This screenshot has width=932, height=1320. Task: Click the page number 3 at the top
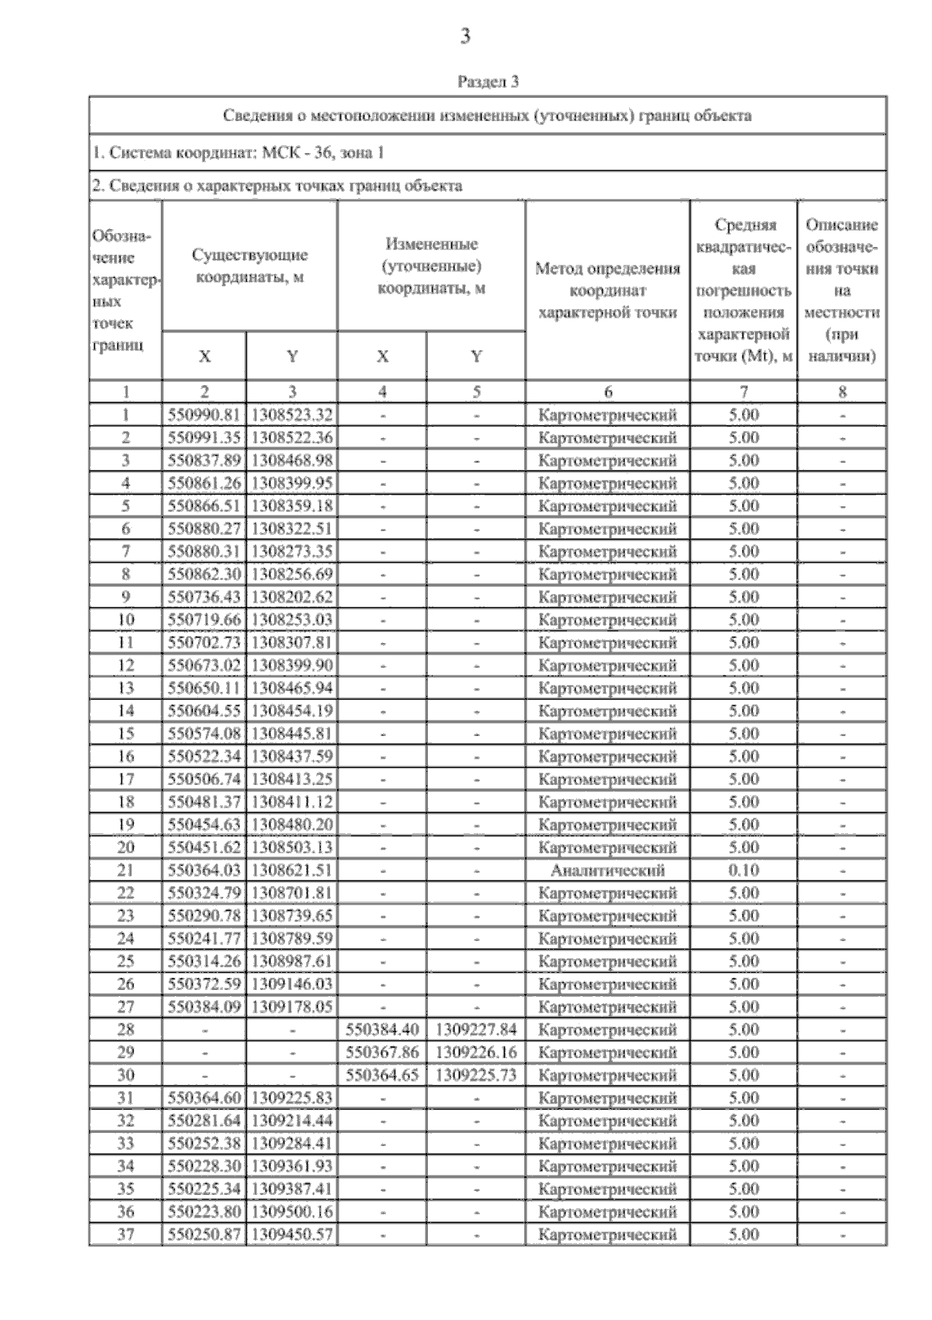tap(465, 36)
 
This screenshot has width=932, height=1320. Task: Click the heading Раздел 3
tap(488, 82)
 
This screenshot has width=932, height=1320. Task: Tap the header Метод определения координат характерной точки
tap(607, 290)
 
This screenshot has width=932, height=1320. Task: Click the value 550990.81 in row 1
tap(204, 415)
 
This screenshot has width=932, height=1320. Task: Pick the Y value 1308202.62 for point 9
tap(292, 597)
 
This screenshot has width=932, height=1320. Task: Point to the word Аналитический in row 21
tap(607, 870)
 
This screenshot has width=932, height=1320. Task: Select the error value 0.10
tap(743, 870)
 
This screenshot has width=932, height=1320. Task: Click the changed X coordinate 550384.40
tap(382, 1030)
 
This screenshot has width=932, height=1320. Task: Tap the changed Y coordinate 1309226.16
tap(476, 1053)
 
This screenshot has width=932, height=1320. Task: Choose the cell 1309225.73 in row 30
tap(476, 1075)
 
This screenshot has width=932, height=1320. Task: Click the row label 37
tap(126, 1235)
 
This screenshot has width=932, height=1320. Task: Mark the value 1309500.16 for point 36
tap(292, 1212)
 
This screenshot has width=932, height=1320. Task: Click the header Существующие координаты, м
tap(249, 266)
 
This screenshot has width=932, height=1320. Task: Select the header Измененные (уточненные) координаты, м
tap(431, 266)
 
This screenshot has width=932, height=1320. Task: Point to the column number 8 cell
tap(842, 392)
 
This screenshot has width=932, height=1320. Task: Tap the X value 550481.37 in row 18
tap(204, 802)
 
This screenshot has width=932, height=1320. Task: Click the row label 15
tap(126, 734)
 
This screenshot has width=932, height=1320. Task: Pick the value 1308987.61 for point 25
tap(292, 961)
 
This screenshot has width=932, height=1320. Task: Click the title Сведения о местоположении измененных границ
tap(488, 116)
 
